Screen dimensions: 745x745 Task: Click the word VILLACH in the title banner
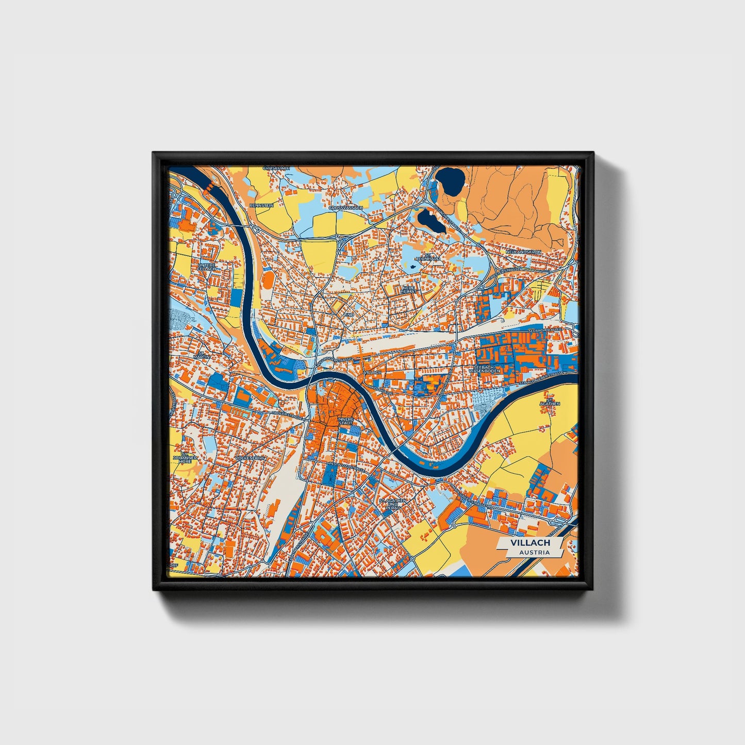[x=530, y=543]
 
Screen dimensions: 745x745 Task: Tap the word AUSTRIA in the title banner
[x=534, y=552]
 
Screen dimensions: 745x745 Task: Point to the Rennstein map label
[x=261, y=205]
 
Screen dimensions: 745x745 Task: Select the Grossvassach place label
[x=345, y=208]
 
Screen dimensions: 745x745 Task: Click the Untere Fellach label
[x=206, y=267]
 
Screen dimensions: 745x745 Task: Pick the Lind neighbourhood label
[x=349, y=313]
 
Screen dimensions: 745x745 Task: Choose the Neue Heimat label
[x=408, y=290]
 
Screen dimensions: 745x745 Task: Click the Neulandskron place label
[x=523, y=252]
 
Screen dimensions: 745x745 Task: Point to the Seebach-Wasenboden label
[x=485, y=369]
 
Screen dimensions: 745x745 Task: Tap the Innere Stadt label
[x=345, y=421]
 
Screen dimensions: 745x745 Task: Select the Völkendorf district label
[x=250, y=458]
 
